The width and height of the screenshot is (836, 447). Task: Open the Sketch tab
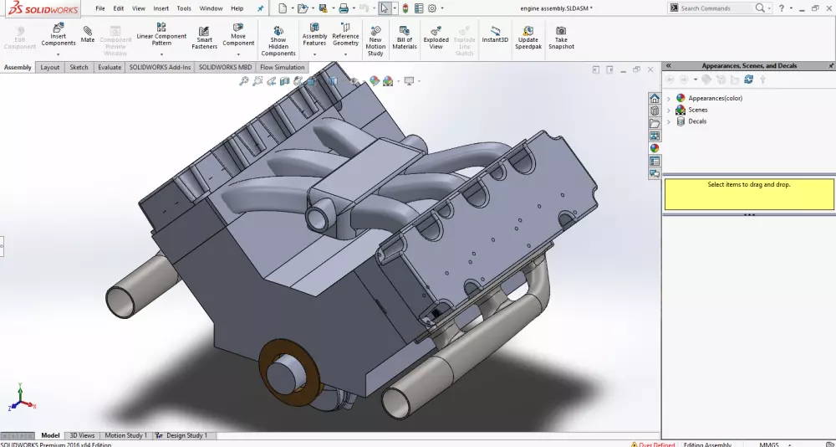point(79,67)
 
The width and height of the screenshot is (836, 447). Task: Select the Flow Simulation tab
point(283,67)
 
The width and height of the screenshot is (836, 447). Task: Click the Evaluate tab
point(110,67)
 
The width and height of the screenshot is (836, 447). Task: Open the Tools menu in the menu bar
point(184,8)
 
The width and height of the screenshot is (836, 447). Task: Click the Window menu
point(211,8)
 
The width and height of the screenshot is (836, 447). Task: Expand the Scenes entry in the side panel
point(669,110)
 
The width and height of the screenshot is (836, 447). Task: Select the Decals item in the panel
point(696,121)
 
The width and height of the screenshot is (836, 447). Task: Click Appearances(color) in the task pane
point(715,98)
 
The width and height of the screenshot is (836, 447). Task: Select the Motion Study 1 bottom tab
point(125,435)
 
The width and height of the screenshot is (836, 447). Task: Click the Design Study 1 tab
point(186,435)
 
